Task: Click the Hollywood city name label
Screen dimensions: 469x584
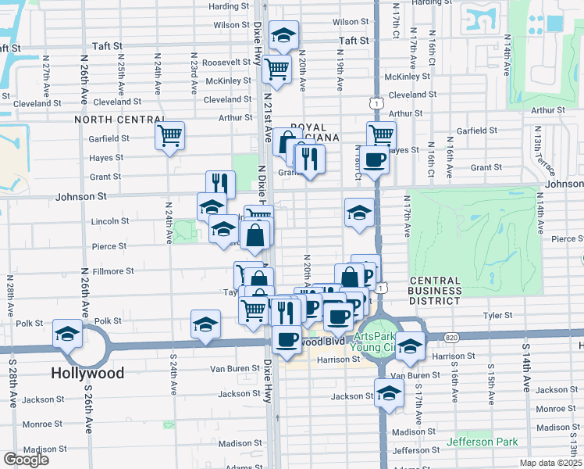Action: click(x=87, y=373)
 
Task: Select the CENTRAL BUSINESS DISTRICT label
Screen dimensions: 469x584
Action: click(x=435, y=291)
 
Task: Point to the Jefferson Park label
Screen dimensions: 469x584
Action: click(x=482, y=442)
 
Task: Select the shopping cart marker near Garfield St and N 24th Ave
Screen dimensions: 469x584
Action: click(x=169, y=137)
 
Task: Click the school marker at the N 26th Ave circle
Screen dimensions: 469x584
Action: click(x=68, y=335)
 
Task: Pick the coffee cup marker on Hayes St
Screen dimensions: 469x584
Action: click(x=375, y=160)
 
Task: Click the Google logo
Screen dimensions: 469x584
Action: click(x=26, y=460)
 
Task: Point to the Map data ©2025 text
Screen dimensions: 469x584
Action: click(x=550, y=463)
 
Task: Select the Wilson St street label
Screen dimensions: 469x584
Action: click(x=231, y=25)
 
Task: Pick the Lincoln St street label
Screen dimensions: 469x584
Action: click(x=110, y=221)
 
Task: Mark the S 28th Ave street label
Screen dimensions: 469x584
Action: click(x=12, y=385)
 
